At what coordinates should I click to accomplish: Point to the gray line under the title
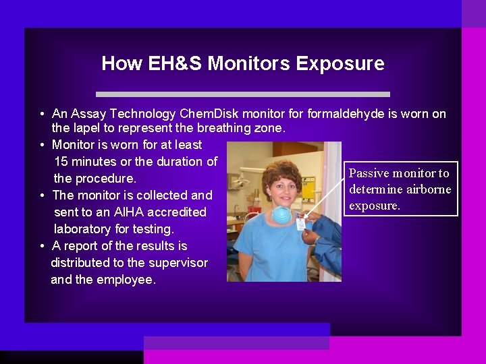[x=243, y=94]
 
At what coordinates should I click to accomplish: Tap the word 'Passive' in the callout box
[x=369, y=173]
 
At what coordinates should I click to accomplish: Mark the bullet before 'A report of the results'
[x=42, y=245]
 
